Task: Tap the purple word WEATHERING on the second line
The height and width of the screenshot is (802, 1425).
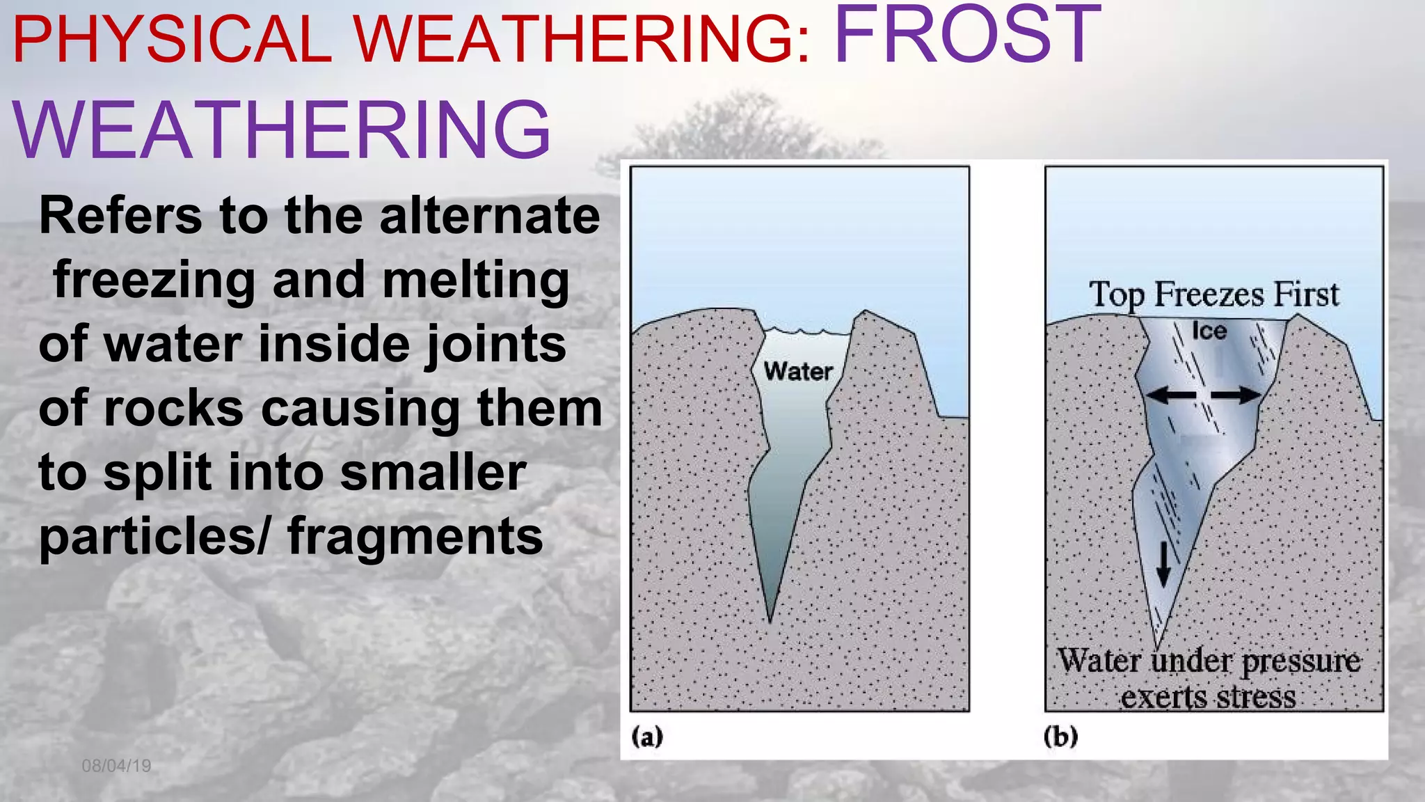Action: point(281,130)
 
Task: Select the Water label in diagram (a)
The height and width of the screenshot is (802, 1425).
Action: point(798,371)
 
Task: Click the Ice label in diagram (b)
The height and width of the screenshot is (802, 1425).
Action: point(1209,331)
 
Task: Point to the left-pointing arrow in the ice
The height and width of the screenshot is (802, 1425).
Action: point(1170,395)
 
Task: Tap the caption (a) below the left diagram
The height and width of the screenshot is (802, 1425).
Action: point(647,736)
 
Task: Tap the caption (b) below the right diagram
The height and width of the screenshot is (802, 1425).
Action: point(1060,736)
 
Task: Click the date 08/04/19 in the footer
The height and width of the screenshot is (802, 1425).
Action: point(116,766)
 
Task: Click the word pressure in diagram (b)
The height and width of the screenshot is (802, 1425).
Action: point(1300,661)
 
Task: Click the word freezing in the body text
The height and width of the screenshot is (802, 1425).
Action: point(154,280)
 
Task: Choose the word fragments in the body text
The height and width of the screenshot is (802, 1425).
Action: point(415,536)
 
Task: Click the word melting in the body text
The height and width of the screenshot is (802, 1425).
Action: point(476,280)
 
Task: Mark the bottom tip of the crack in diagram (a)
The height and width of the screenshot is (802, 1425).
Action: point(770,620)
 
